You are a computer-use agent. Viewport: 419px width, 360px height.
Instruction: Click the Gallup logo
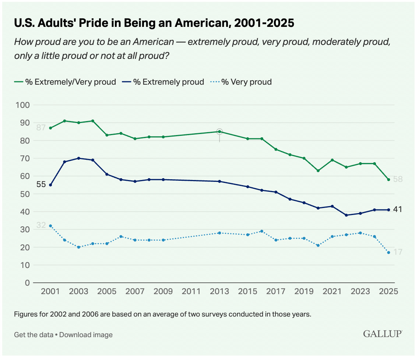383,334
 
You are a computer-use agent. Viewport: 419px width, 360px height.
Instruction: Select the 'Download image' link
86,335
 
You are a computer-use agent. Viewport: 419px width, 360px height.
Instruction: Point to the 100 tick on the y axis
23,105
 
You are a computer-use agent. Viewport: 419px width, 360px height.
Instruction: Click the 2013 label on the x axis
219,291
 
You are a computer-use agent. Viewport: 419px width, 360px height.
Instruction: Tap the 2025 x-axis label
388,291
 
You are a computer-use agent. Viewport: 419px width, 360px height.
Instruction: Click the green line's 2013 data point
219,131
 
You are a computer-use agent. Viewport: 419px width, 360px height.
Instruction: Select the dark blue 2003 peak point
78,158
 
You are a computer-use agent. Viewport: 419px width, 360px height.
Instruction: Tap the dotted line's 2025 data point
388,253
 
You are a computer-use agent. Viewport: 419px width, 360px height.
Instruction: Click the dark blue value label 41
397,209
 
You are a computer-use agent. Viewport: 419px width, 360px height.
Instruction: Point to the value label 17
397,252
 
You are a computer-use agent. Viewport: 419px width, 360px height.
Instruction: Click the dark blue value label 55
41,185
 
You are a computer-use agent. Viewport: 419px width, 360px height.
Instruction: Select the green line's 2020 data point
318,171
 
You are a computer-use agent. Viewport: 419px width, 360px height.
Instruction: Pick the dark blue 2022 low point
346,215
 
